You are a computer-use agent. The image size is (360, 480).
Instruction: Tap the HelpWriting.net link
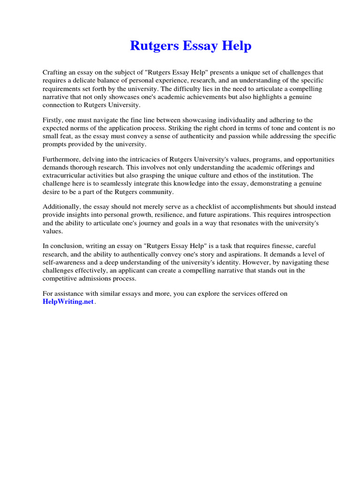[x=68, y=302]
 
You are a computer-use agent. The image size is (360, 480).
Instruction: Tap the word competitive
[x=60, y=278]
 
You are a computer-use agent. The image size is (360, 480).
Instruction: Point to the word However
[x=249, y=262]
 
